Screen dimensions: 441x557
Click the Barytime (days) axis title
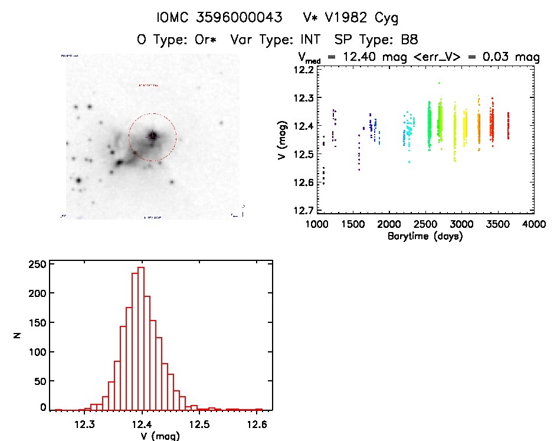[x=425, y=236]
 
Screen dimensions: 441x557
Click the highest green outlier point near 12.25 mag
[x=439, y=83]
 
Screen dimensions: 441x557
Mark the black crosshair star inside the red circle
[x=153, y=136]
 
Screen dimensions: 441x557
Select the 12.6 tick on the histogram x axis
[x=257, y=424]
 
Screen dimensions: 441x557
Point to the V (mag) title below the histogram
[x=159, y=436]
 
